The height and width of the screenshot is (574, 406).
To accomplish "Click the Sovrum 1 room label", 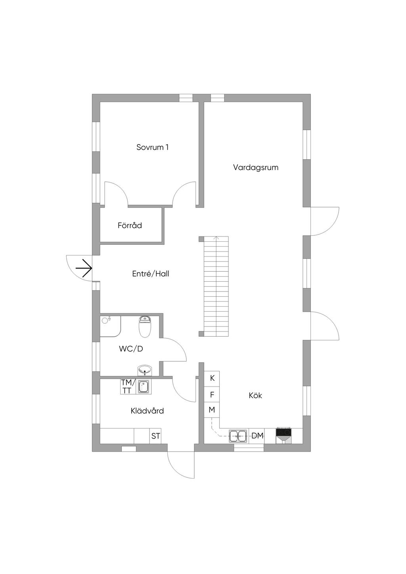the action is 152,147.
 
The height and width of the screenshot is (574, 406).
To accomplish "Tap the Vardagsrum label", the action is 255,167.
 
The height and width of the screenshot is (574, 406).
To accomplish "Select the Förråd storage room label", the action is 130,225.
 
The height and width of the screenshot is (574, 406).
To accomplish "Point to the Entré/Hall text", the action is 150,274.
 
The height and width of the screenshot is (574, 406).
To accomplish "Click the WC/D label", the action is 131,349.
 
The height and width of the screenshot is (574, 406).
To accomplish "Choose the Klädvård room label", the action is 147,411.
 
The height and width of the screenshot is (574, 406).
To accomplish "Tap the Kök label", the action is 255,395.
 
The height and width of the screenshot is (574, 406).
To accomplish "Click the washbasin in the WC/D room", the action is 145,371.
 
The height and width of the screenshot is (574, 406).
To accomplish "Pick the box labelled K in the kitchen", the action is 212,378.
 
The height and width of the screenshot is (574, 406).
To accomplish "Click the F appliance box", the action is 212,395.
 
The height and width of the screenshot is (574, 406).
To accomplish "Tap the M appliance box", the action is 212,410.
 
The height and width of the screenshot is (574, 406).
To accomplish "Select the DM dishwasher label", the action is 257,436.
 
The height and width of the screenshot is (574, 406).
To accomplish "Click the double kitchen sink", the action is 239,436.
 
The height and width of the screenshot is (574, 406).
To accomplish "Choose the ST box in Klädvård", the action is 155,436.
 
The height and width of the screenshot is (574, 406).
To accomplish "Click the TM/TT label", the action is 128,387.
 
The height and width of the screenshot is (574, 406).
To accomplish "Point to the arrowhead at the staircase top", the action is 216,238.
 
